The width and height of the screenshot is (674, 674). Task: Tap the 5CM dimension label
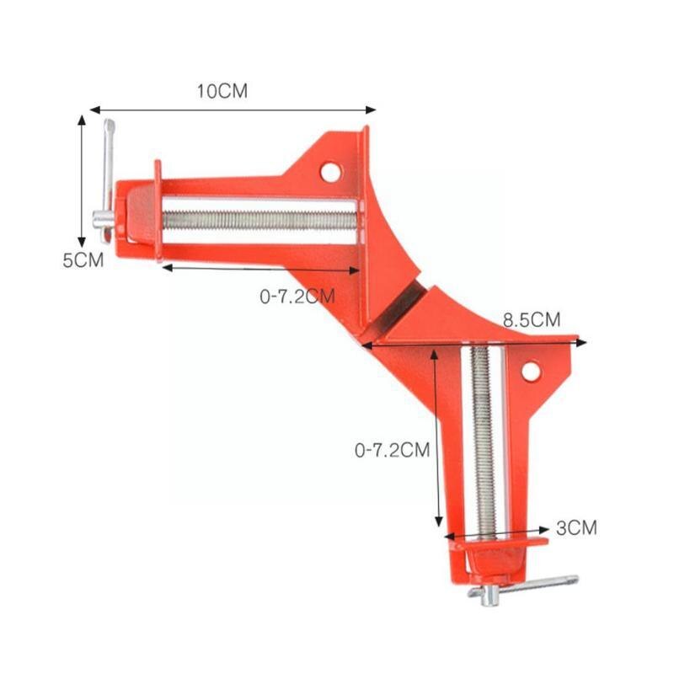click(83, 260)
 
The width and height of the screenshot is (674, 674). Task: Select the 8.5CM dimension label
click(532, 320)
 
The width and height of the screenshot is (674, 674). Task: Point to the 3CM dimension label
click(577, 528)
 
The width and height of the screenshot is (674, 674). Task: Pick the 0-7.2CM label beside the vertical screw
click(393, 451)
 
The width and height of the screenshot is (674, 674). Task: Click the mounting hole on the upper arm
click(330, 172)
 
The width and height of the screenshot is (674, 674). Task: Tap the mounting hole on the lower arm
click(530, 371)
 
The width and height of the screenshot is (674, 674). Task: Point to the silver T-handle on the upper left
click(106, 181)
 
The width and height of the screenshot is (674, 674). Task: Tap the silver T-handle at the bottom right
click(527, 587)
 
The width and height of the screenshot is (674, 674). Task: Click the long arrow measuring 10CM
click(233, 110)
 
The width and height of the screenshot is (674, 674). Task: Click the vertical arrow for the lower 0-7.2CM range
click(436, 438)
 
